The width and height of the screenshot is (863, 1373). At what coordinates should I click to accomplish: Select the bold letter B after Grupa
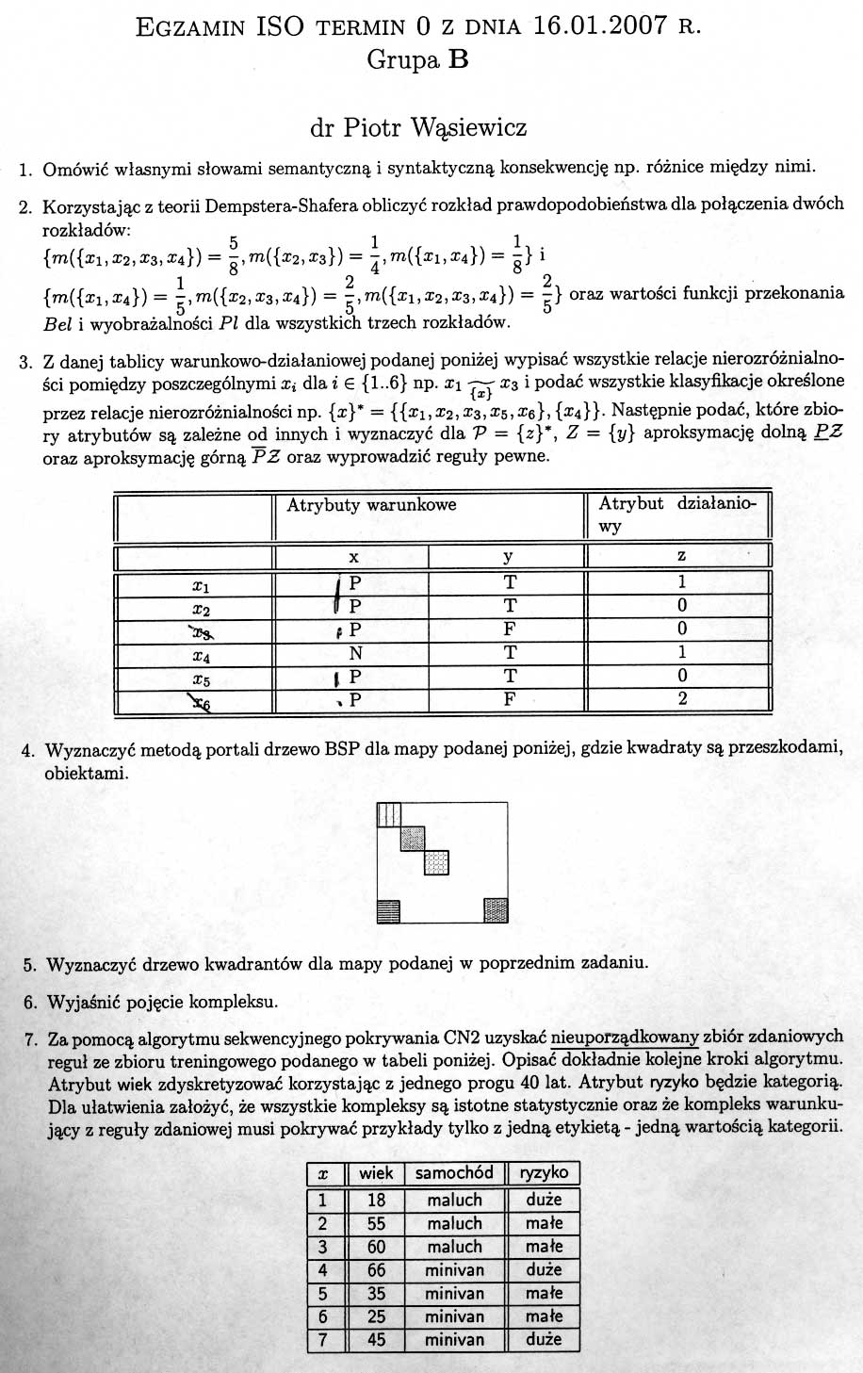point(459,61)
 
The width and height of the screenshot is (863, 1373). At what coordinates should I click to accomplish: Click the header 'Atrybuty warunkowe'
point(371,505)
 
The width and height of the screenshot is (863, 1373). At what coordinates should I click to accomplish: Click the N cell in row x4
point(355,652)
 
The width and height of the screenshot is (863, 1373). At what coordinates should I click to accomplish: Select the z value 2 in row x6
point(682,699)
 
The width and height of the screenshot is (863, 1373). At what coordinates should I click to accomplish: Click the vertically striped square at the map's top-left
point(388,814)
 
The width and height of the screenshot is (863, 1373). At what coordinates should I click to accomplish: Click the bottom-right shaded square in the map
point(496,910)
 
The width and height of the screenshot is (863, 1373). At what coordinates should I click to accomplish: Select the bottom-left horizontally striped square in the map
point(388,910)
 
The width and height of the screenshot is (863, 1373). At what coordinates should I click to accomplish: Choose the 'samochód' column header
point(454,1173)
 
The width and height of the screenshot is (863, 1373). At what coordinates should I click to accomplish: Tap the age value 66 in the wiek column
point(376,1270)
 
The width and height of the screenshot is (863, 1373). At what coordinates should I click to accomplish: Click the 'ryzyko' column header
point(544,1173)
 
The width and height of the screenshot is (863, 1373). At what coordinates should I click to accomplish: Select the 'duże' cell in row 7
point(544,1339)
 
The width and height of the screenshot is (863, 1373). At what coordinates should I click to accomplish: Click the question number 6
point(30,1002)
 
